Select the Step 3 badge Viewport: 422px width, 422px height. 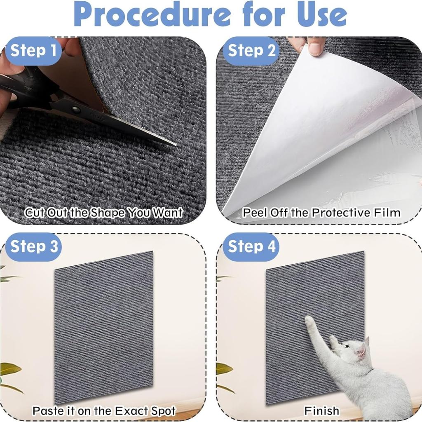click(x=34, y=246)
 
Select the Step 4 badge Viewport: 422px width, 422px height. click(x=251, y=246)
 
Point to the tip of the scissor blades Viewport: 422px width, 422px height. click(x=175, y=144)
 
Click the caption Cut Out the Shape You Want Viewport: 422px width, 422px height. click(x=103, y=213)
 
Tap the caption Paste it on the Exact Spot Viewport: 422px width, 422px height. click(x=104, y=410)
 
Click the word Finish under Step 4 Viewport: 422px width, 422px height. click(x=322, y=410)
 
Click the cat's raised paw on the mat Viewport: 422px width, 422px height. click(x=309, y=321)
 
